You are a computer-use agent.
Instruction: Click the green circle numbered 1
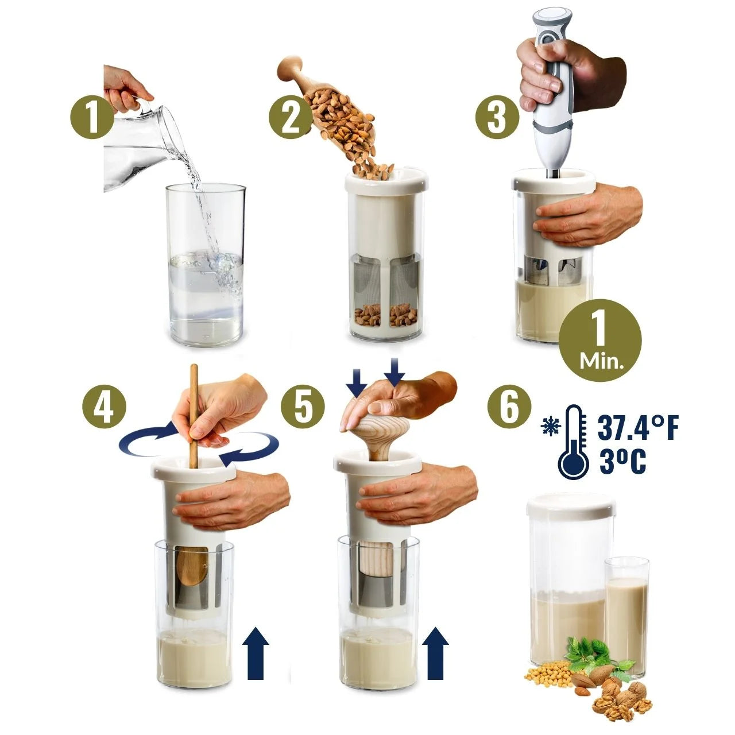pos(92,117)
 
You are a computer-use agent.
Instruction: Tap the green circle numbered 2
pos(291,117)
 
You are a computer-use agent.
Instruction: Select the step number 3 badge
pos(497,117)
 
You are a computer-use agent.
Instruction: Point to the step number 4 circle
pos(104,407)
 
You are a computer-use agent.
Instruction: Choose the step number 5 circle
pos(303,407)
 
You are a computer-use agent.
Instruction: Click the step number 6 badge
pos(509,407)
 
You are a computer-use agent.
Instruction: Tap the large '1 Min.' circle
pos(601,341)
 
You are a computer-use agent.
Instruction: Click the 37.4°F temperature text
pos(638,428)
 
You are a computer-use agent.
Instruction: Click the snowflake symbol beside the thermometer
pos(549,425)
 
